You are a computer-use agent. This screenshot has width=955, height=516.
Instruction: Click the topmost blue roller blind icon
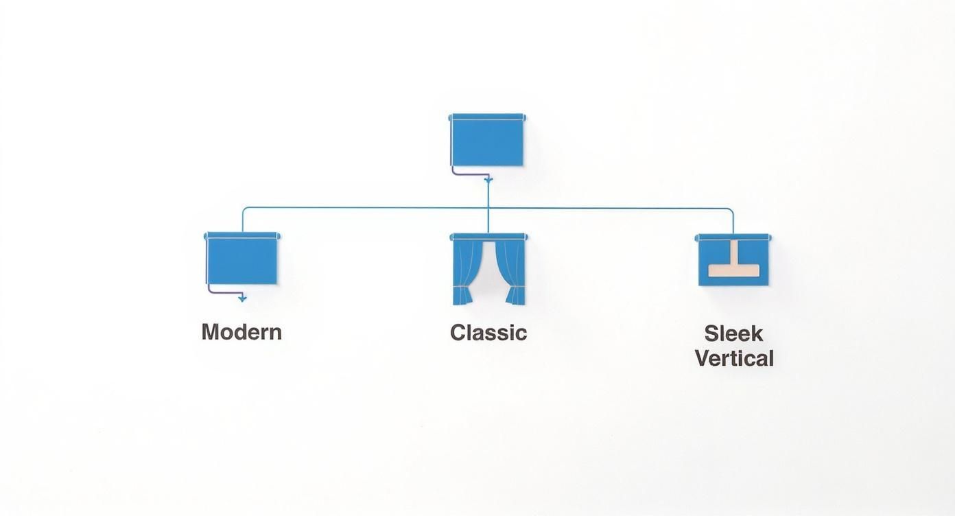(487, 140)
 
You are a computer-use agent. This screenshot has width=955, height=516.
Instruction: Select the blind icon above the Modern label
(241, 259)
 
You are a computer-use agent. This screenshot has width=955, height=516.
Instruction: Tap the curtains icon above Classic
(488, 269)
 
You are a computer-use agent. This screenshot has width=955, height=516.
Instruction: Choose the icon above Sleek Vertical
(733, 259)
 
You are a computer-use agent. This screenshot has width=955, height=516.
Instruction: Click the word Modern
(241, 332)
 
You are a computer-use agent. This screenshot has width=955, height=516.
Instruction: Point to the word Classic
(488, 333)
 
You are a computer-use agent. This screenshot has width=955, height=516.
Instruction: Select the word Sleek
(733, 333)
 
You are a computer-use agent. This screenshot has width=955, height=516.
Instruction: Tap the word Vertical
(734, 358)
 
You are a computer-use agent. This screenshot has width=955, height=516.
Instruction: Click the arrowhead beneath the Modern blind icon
(242, 298)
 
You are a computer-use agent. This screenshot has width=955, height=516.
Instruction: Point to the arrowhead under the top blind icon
(488, 180)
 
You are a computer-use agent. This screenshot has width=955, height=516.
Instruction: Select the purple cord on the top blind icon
(451, 154)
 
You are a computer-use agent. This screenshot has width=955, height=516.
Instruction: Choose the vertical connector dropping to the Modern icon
(242, 220)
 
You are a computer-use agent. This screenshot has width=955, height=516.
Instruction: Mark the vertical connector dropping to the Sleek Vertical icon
(733, 221)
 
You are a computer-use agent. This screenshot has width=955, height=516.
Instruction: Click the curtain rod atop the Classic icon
(488, 237)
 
